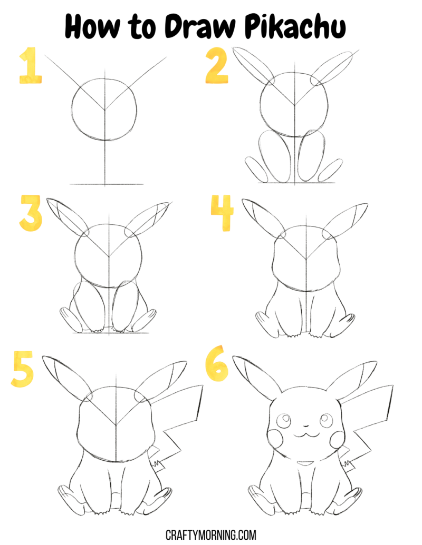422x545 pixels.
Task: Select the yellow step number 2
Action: [217, 66]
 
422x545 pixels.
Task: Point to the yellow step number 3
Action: [31, 213]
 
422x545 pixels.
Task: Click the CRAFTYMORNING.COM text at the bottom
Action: [211, 534]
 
